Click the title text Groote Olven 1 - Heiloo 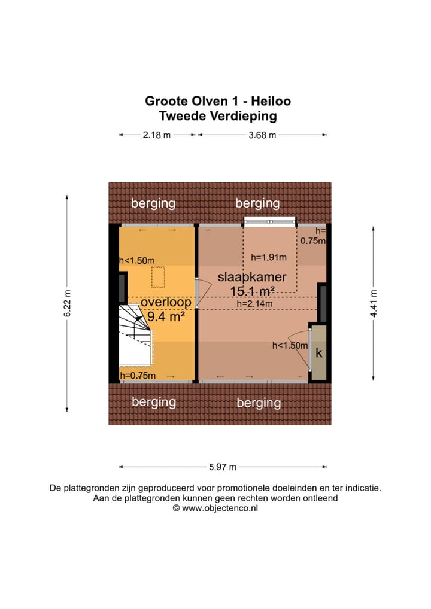(218, 101)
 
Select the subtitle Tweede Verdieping (218, 117)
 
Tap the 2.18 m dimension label (157, 135)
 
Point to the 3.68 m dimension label (262, 135)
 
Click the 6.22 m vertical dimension (68, 303)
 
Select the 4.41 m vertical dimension (374, 303)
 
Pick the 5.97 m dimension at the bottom (223, 467)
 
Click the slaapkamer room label (251, 277)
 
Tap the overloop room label (166, 303)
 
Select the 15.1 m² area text (253, 291)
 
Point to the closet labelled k (318, 354)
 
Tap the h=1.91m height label (269, 258)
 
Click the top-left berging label (153, 203)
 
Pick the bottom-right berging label (258, 403)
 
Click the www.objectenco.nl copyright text (215, 508)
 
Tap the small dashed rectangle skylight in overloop (158, 276)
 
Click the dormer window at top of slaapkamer (270, 221)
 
